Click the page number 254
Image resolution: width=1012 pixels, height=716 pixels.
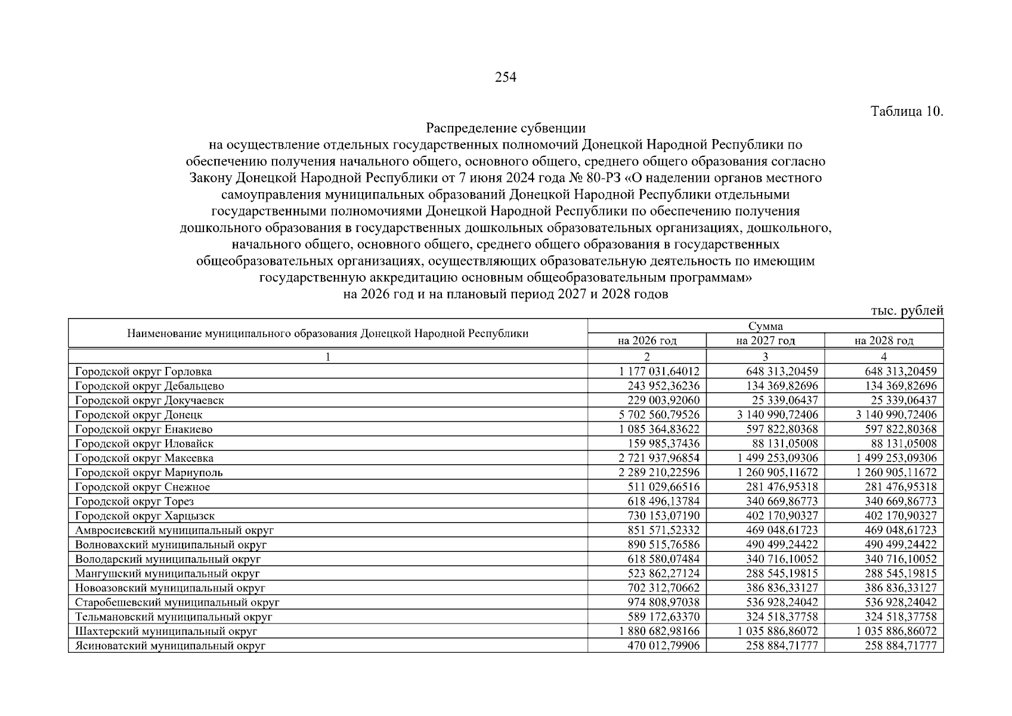[x=505, y=77]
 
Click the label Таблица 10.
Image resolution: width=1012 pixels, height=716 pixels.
[x=906, y=112]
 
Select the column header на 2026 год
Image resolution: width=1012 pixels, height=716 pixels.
[x=646, y=341]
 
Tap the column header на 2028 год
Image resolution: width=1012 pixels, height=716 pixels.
[x=883, y=341]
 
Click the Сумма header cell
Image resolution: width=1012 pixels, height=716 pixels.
[x=765, y=326]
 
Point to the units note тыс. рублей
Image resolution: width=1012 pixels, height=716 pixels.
[x=907, y=310]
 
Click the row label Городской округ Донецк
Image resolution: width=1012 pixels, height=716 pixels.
[x=139, y=415]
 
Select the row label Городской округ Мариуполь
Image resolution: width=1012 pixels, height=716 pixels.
[x=149, y=473]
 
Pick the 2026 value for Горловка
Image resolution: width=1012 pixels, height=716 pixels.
[x=659, y=372]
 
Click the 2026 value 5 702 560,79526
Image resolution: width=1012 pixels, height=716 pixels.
[x=659, y=415]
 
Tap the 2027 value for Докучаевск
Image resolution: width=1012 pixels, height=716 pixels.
[x=782, y=400]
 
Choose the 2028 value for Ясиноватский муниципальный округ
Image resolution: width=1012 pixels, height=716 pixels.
[x=900, y=646]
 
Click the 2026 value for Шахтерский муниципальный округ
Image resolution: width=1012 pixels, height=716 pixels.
[x=659, y=631]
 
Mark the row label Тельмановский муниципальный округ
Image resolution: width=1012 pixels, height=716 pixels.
[x=174, y=617]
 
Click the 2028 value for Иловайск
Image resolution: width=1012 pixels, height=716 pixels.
[x=900, y=444]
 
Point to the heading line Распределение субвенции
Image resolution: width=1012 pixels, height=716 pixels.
[x=506, y=128]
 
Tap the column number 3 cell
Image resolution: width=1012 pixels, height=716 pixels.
[x=765, y=357]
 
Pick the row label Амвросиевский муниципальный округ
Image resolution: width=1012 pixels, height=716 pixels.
[x=174, y=530]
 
